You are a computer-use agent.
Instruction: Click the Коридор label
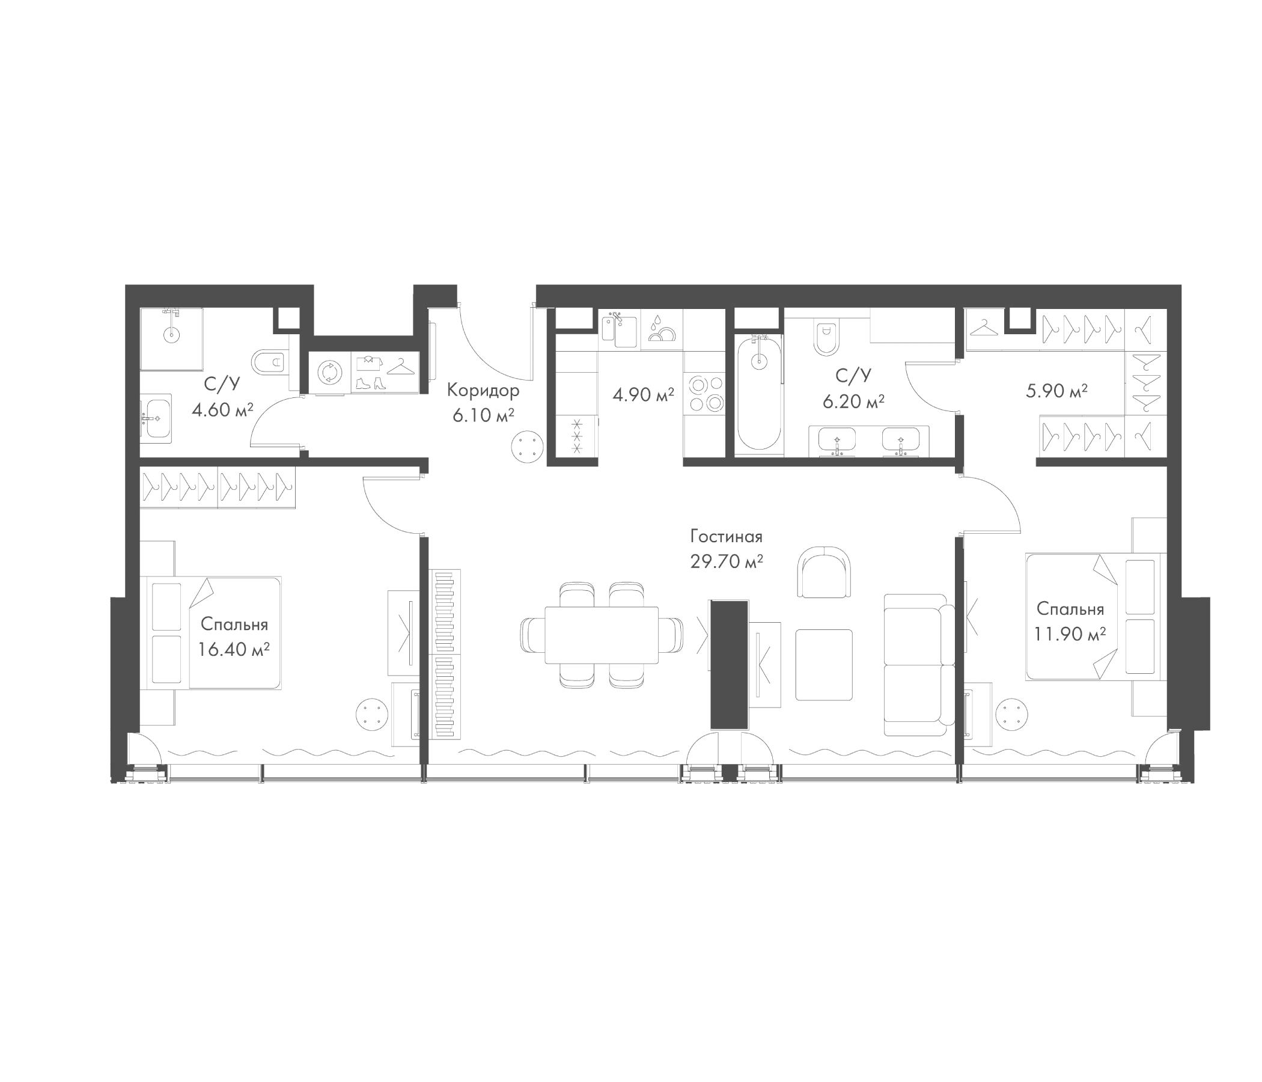tap(483, 390)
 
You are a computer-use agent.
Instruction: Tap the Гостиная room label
tap(726, 536)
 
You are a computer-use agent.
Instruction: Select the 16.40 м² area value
tap(234, 649)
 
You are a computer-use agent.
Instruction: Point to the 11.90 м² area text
tap(1070, 634)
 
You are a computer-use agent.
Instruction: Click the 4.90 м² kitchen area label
tap(643, 395)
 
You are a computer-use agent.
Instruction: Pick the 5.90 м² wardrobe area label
tap(1056, 391)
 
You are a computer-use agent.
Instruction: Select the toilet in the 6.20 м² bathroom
tap(826, 337)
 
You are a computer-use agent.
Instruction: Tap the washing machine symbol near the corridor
tap(329, 371)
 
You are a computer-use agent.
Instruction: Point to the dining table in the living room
tap(601, 635)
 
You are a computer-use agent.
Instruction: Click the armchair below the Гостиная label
tap(823, 571)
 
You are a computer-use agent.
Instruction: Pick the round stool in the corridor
tap(527, 447)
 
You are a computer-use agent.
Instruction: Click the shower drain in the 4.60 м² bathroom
tap(172, 334)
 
